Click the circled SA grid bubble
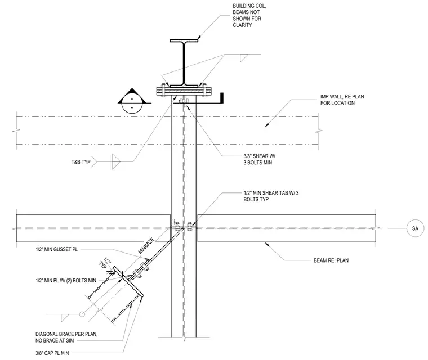tap(415, 228)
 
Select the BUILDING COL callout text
tap(249, 15)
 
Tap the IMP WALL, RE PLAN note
tap(342, 100)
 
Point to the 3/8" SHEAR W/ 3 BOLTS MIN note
tap(259, 159)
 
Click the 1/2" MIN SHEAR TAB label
tap(271, 196)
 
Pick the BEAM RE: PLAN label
tap(331, 260)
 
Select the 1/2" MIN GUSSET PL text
tap(57, 249)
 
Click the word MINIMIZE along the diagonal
tap(146, 246)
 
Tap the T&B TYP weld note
tap(81, 162)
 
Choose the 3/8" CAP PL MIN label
tap(52, 353)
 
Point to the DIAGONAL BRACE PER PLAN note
tap(66, 337)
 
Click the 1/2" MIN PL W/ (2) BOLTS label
tap(66, 280)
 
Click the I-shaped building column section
tap(184, 63)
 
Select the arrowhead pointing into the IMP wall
tap(267, 125)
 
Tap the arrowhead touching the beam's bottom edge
tap(267, 244)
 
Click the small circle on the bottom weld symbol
tap(82, 314)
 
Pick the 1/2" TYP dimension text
tap(105, 263)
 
